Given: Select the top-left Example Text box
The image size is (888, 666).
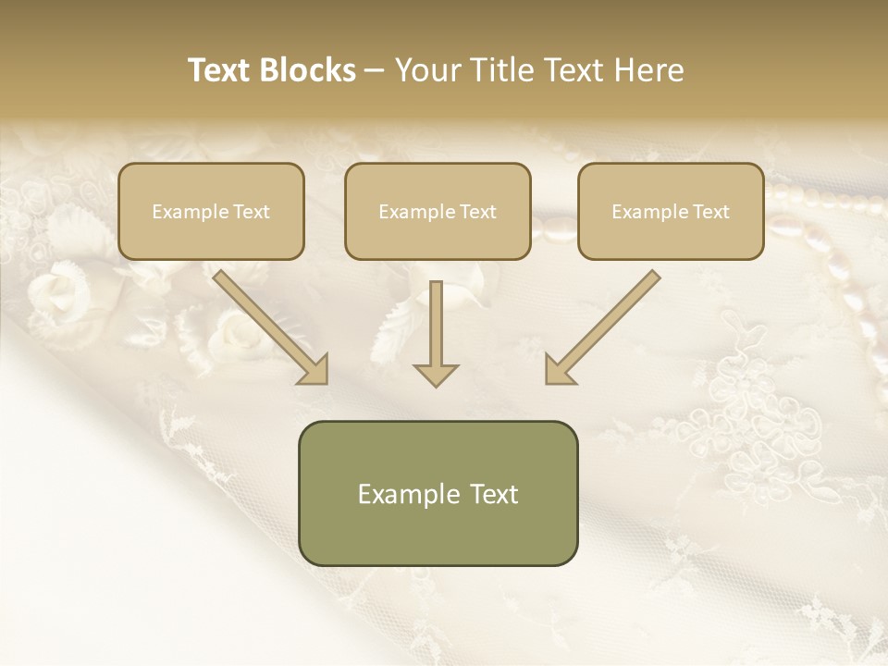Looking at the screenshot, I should pos(211,211).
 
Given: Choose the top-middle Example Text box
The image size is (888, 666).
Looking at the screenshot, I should pos(438,211).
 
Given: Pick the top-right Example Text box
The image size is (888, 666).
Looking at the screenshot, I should pos(671,211).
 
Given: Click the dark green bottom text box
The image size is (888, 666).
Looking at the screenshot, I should pos(438,493).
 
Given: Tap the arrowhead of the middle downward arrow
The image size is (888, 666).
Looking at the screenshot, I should pos(436,374).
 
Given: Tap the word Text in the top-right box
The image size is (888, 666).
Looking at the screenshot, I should pos(710,211).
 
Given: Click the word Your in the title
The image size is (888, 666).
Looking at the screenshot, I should pos(427,70).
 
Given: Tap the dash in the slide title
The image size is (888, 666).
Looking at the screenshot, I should pos(375,71).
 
